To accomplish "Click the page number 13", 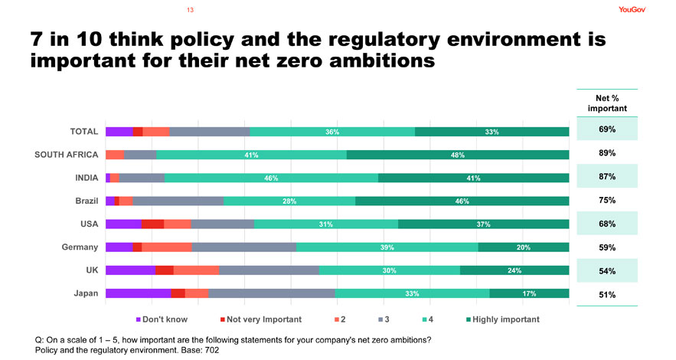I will coord(190,10).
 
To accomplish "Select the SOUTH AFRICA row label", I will coord(67,155).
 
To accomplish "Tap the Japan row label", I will coord(84,293).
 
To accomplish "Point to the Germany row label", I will coord(80,247).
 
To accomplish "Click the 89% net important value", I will coord(608,153).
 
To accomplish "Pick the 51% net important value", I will coord(608,295).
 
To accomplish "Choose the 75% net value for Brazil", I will coord(608,201).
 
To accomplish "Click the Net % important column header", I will coord(608,103).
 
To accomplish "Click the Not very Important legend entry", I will coord(260,319).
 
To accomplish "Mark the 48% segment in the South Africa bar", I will coord(458,155).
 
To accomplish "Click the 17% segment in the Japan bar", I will coord(529,293).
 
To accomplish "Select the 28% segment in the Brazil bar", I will coord(289,201).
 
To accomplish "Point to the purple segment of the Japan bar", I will coord(139,293).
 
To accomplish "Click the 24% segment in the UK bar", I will coord(514,270).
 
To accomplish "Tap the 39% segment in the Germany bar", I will coord(387,247).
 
